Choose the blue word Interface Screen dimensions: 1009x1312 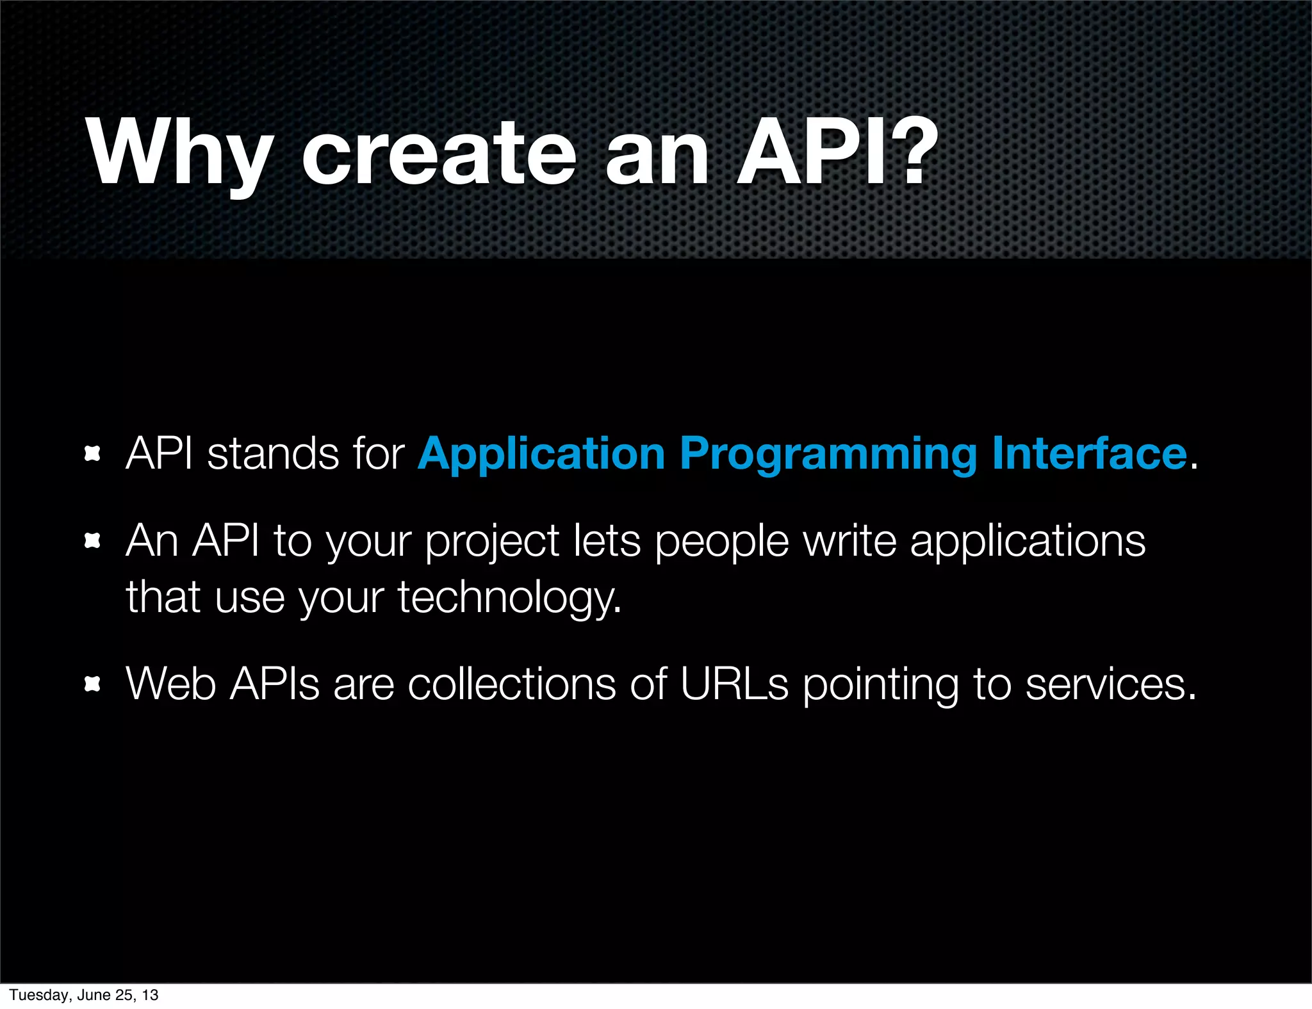click(x=1089, y=453)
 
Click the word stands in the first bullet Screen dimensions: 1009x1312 click(x=273, y=453)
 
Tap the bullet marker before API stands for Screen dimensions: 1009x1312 click(x=93, y=455)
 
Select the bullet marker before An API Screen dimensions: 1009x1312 click(x=93, y=542)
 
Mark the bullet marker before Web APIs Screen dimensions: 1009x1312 click(x=93, y=684)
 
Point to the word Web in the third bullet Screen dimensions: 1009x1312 click(x=170, y=684)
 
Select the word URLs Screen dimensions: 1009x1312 click(x=734, y=684)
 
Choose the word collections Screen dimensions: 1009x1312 click(x=512, y=684)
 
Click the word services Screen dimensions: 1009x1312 click(x=1110, y=684)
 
